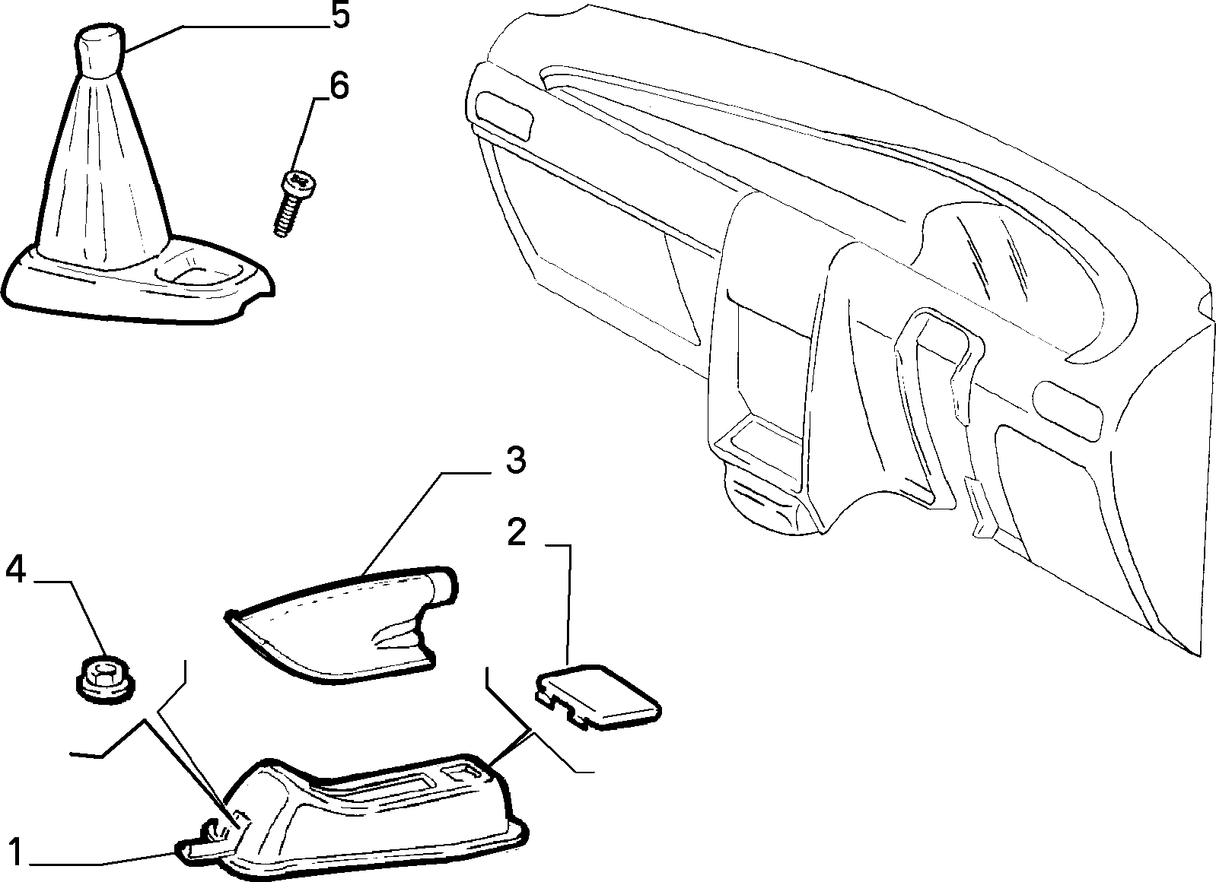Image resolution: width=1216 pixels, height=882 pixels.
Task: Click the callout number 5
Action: [x=340, y=16]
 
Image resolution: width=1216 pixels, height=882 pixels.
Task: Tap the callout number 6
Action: [x=339, y=86]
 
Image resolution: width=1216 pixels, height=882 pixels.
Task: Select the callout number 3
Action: [x=515, y=461]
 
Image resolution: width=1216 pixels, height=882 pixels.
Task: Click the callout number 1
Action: [x=15, y=852]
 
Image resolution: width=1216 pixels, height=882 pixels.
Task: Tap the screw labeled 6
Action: [x=294, y=204]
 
